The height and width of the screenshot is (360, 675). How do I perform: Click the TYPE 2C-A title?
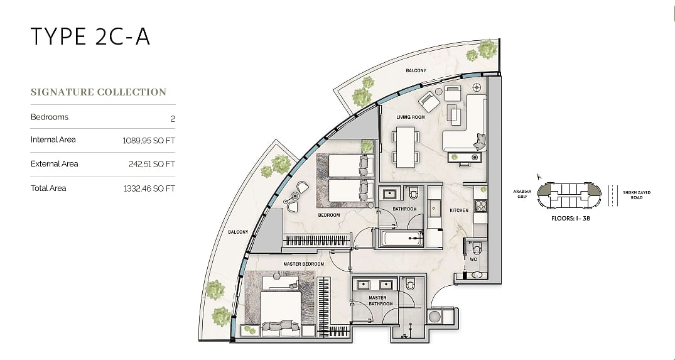coord(90,36)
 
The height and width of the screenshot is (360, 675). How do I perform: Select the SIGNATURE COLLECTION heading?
coord(99,92)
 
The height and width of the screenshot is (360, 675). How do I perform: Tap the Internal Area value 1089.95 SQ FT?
coord(149,140)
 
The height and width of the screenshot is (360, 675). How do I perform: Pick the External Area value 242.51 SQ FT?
coord(152,164)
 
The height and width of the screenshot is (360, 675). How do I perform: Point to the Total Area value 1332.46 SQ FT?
coord(149,188)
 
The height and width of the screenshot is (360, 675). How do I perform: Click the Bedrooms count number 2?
coord(173,119)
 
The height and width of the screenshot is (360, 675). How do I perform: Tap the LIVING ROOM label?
coord(411,117)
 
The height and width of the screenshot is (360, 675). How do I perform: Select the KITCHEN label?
coord(459,210)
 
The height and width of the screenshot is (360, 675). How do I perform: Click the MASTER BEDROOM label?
coord(303,264)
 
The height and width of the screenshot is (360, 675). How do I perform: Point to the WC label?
coord(473,259)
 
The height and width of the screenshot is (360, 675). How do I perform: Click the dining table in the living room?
coord(406,147)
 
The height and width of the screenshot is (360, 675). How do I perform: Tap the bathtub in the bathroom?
coord(402,238)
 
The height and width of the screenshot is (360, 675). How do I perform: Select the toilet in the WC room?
coord(476,249)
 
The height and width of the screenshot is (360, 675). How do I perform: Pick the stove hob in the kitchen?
coord(480,206)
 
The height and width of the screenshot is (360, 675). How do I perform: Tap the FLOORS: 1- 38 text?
coord(571,219)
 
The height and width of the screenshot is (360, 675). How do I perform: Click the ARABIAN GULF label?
coord(522,194)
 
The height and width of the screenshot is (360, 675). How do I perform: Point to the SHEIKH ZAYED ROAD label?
coord(637,195)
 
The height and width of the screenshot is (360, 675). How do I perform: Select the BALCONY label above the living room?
coord(416,70)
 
